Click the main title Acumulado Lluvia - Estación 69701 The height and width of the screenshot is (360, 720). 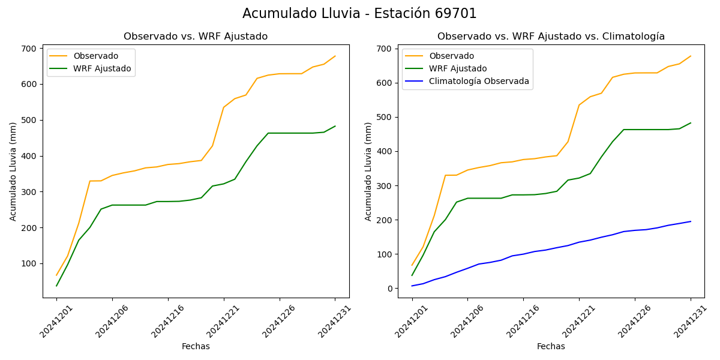[x=359, y=14]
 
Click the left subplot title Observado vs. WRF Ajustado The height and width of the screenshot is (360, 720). [x=196, y=37]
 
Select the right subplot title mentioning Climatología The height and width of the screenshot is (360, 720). [x=551, y=37]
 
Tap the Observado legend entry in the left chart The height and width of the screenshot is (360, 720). [x=96, y=56]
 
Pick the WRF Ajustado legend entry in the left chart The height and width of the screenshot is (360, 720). [x=102, y=68]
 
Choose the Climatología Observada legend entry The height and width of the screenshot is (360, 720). [x=479, y=81]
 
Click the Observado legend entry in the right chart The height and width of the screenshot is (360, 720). [x=451, y=56]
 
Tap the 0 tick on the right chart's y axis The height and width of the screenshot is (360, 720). [x=389, y=289]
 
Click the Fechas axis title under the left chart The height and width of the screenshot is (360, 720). [x=196, y=346]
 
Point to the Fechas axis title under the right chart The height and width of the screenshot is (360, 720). [x=551, y=346]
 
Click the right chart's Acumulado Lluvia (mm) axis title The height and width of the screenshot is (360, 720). [x=368, y=171]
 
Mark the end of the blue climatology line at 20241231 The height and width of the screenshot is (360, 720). [x=691, y=221]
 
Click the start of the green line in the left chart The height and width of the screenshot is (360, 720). [x=56, y=286]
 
